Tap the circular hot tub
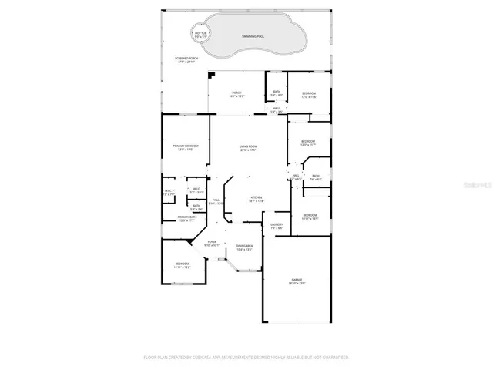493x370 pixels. click(203, 35)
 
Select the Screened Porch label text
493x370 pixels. click(186, 60)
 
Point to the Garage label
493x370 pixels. click(297, 281)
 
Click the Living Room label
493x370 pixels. click(247, 148)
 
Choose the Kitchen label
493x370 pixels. click(257, 199)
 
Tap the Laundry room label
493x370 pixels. click(277, 226)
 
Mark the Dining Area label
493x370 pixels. click(245, 247)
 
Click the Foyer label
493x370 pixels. click(212, 244)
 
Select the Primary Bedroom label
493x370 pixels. click(186, 147)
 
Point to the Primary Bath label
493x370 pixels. click(188, 219)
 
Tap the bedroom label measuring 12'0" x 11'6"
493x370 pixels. click(309, 95)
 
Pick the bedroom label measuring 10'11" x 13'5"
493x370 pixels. click(310, 217)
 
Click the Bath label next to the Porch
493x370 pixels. click(277, 94)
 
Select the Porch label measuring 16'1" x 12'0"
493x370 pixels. click(237, 95)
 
